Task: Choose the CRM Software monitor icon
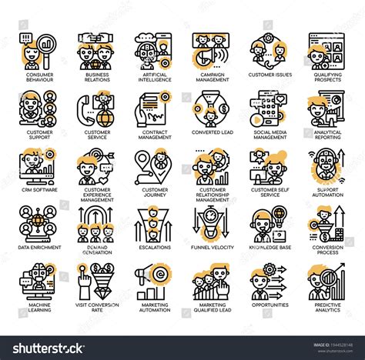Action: [37, 166]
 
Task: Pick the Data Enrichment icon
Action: [37, 223]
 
